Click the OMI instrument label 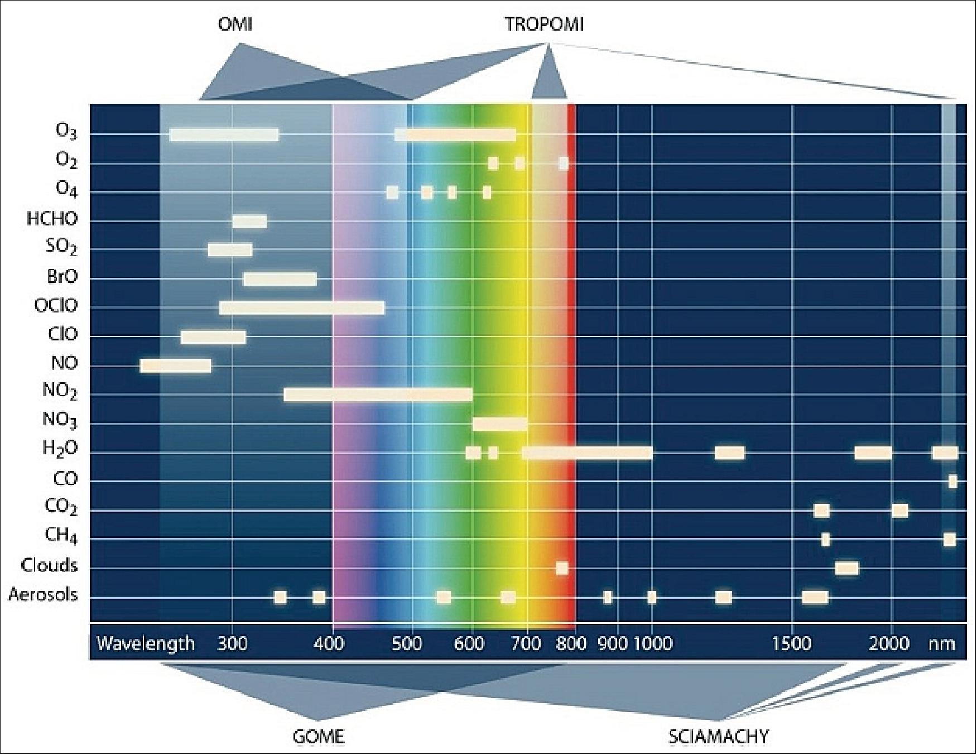pyautogui.click(x=234, y=25)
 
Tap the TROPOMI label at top pyautogui.click(x=544, y=25)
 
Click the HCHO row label pyautogui.click(x=52, y=219)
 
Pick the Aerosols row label pyautogui.click(x=42, y=595)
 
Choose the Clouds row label pyautogui.click(x=49, y=566)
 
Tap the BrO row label pyautogui.click(x=62, y=277)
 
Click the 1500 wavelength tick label pyautogui.click(x=791, y=644)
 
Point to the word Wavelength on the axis pyautogui.click(x=146, y=644)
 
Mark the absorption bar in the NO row pyautogui.click(x=176, y=366)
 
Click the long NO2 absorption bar pyautogui.click(x=378, y=395)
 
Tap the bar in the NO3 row pyautogui.click(x=499, y=424)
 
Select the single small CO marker pyautogui.click(x=952, y=481)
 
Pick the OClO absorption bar pyautogui.click(x=301, y=308)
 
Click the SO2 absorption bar pyautogui.click(x=230, y=250)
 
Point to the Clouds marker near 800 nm pyautogui.click(x=562, y=568)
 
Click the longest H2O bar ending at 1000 pyautogui.click(x=587, y=453)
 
